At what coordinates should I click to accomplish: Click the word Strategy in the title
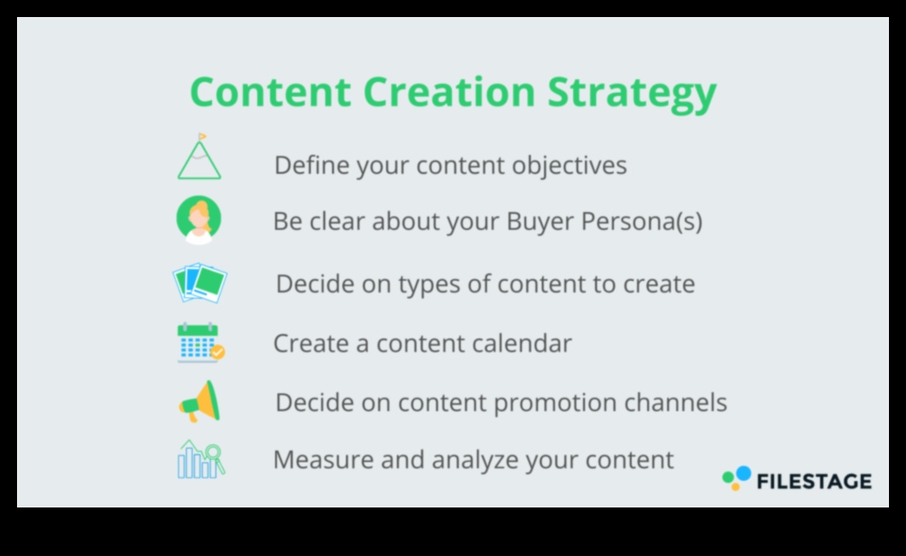point(632,94)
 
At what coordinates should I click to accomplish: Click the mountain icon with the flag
point(199,157)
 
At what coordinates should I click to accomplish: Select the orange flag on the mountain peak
point(203,137)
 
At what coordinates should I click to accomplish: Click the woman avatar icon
point(198,220)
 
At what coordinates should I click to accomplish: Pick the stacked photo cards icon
point(200,283)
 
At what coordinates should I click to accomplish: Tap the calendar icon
point(200,343)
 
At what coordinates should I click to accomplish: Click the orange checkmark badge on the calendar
point(218,352)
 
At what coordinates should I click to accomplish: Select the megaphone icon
point(200,402)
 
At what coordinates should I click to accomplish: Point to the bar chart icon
point(200,460)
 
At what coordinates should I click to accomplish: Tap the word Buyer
point(539,222)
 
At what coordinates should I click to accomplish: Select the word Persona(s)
point(642,221)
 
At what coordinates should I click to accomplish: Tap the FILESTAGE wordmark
point(814,481)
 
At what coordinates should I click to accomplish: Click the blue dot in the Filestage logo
point(743,473)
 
